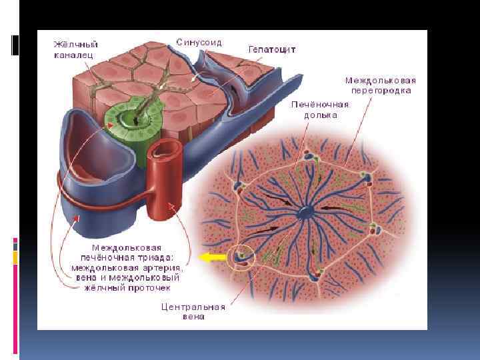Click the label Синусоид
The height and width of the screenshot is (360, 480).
(199, 42)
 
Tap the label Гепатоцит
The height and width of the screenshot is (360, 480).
(272, 49)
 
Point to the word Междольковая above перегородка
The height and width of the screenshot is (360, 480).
(381, 79)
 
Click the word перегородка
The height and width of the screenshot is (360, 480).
(381, 90)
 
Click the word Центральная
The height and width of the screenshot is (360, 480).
(193, 307)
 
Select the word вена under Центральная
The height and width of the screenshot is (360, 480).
(193, 317)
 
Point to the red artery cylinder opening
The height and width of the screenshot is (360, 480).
(165, 149)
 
